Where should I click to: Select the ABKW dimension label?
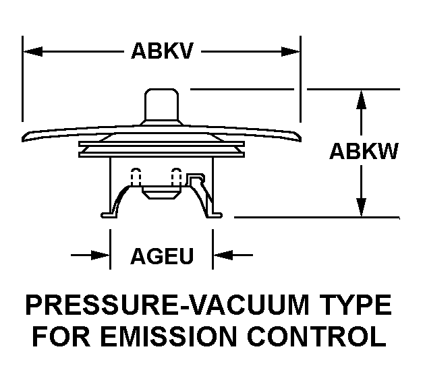pyautogui.click(x=363, y=152)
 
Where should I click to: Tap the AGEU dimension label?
pyautogui.click(x=162, y=256)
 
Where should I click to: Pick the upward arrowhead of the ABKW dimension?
pyautogui.click(x=362, y=98)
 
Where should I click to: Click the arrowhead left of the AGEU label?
pyautogui.click(x=102, y=255)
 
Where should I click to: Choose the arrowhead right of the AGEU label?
pyautogui.click(x=221, y=255)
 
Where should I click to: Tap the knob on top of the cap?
pyautogui.click(x=162, y=104)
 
